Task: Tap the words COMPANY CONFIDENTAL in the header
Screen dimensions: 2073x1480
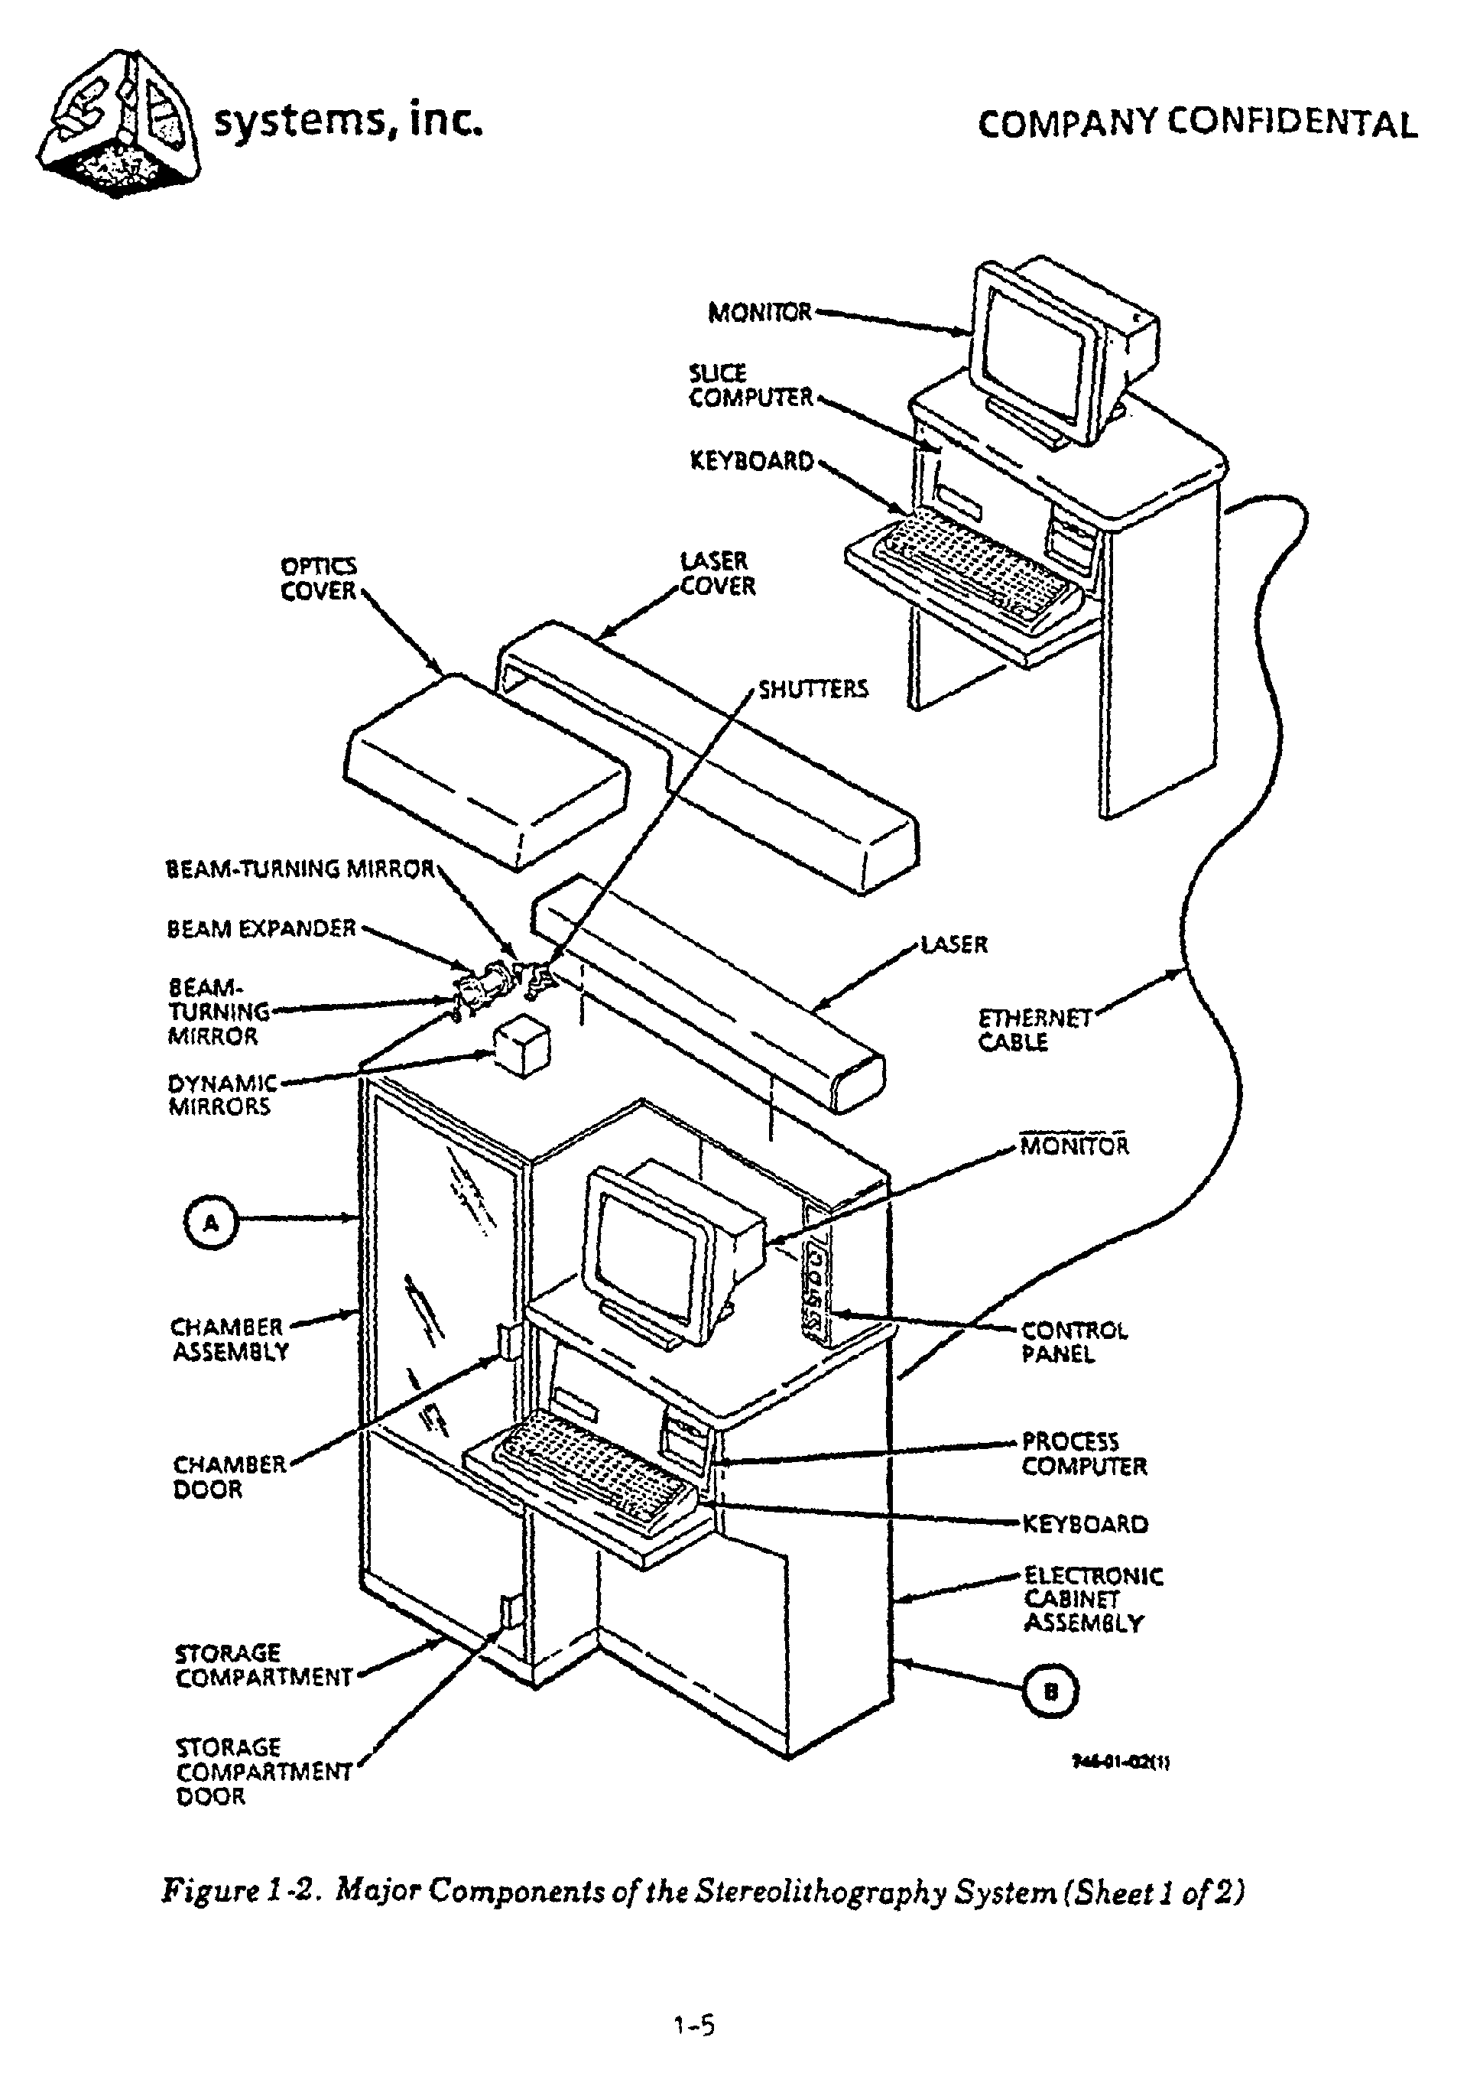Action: (x=1196, y=123)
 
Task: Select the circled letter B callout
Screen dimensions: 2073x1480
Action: (x=1051, y=1692)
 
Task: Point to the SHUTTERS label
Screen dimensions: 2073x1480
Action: (x=813, y=689)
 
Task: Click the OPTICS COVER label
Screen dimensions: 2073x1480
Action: (x=318, y=579)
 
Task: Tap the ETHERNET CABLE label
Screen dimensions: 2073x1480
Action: (x=1034, y=1030)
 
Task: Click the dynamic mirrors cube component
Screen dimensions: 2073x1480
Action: (x=521, y=1047)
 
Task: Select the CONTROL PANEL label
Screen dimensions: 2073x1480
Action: (x=1073, y=1343)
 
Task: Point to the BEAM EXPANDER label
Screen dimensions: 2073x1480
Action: (x=261, y=929)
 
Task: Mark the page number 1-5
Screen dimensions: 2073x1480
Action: (x=694, y=2026)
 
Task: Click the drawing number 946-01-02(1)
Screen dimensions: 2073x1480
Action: (x=1121, y=1762)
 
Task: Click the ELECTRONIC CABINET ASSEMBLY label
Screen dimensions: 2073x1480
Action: (x=1092, y=1599)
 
